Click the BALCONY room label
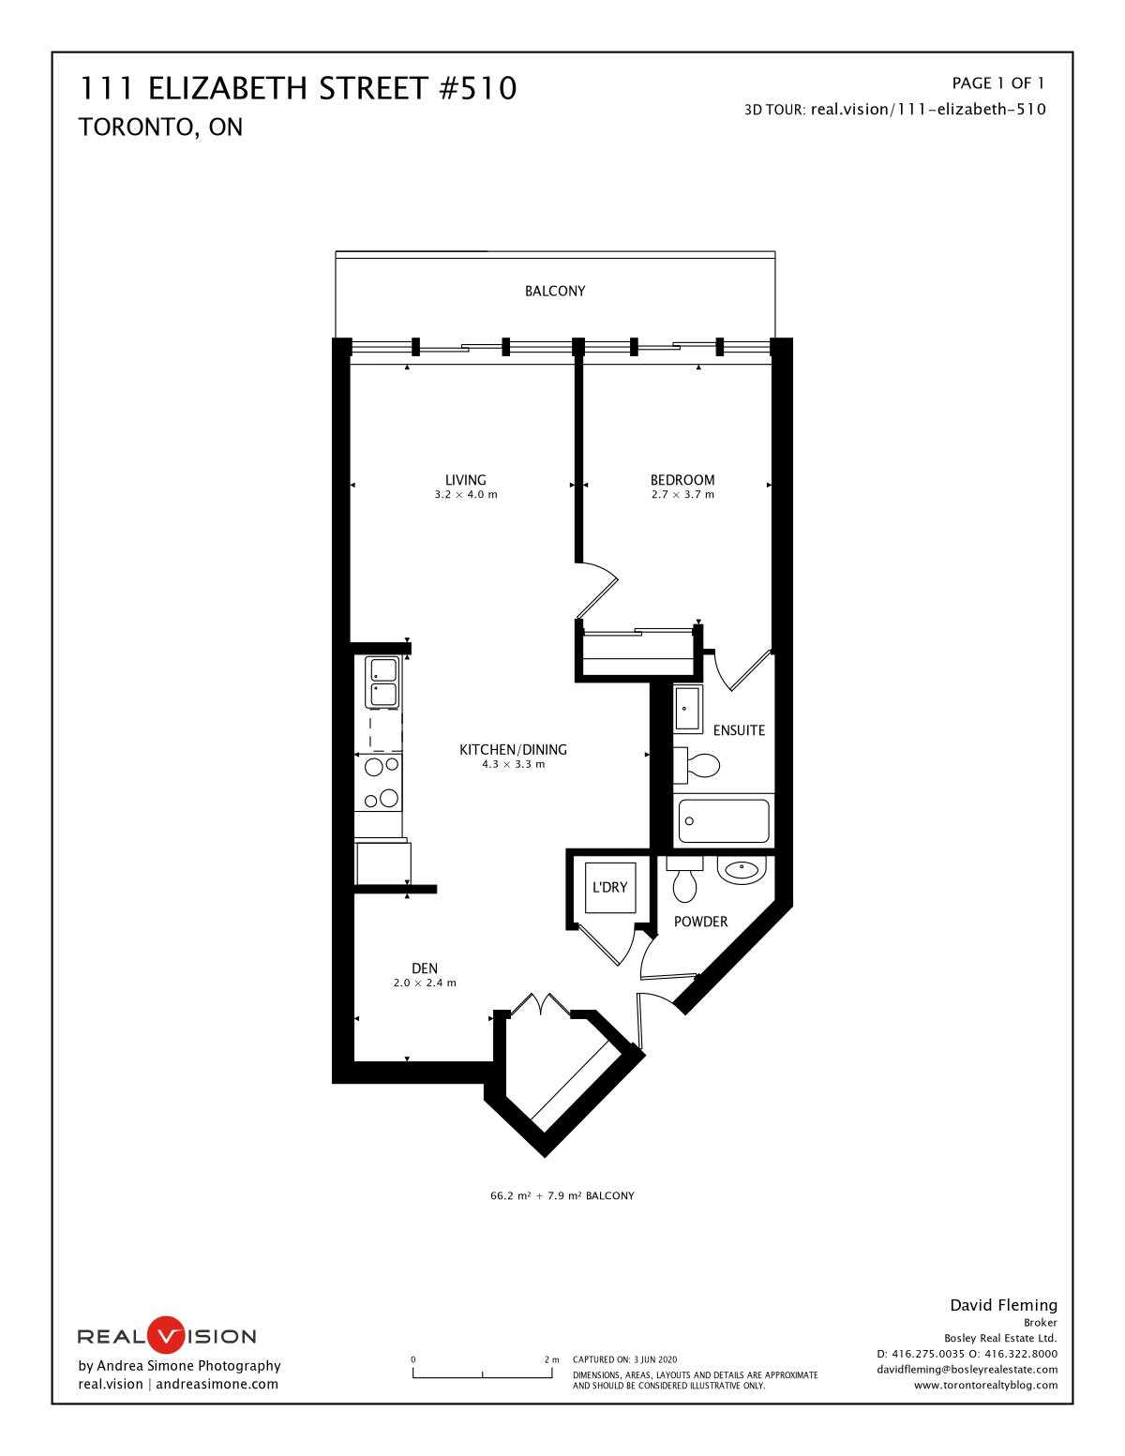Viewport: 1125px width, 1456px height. (x=555, y=291)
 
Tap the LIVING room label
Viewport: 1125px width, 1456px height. (x=466, y=480)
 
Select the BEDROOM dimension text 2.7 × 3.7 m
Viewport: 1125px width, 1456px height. (x=682, y=494)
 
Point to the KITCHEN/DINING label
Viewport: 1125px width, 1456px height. (x=513, y=750)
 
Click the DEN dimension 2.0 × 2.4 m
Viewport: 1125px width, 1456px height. (x=425, y=983)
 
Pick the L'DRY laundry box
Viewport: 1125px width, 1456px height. (x=609, y=887)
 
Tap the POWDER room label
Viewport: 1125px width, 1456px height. (x=701, y=922)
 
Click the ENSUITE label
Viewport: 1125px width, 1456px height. (x=739, y=730)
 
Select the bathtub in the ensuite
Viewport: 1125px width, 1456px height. (x=724, y=820)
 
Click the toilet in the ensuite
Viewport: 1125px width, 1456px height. (x=697, y=765)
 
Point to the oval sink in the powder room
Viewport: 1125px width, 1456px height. (x=742, y=870)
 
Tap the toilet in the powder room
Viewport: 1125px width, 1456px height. (x=684, y=879)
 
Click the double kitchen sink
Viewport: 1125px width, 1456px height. (x=382, y=683)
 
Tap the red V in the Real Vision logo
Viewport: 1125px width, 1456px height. (x=166, y=1335)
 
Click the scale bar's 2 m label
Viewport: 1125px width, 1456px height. (x=551, y=1359)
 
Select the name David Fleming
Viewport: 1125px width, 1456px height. (x=1004, y=1305)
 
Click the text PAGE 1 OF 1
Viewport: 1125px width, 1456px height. (x=998, y=83)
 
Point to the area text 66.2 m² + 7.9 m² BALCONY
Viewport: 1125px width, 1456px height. (x=562, y=1195)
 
